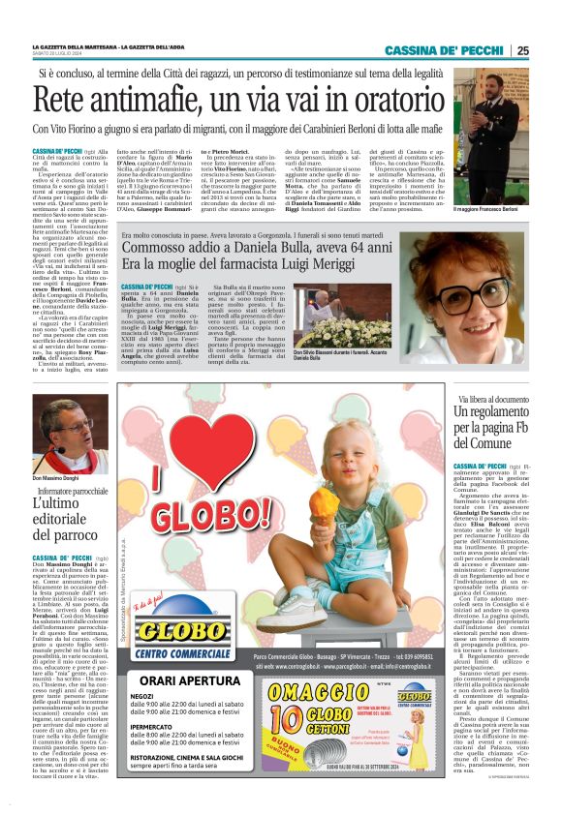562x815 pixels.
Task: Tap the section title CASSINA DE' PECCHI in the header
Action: tap(444, 51)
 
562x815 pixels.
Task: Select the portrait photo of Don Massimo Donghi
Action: tap(64, 426)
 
